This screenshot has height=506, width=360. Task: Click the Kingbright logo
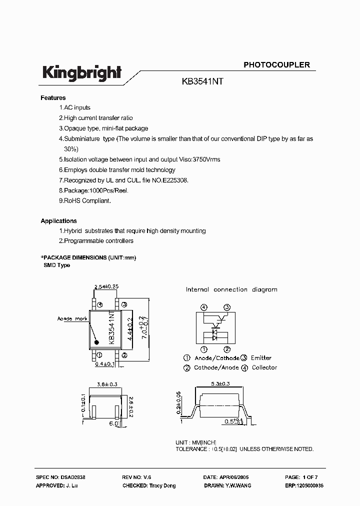click(81, 73)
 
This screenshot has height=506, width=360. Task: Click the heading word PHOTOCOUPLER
click(276, 65)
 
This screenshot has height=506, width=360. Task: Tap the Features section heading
click(53, 98)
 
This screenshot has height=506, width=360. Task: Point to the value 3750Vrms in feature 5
click(206, 159)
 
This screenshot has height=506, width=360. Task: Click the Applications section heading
click(58, 221)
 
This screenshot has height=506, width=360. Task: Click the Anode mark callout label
click(72, 318)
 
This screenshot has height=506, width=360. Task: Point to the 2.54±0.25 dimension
click(106, 287)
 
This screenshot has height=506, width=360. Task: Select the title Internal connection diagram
click(231, 289)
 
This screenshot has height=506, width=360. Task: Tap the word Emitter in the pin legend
click(260, 358)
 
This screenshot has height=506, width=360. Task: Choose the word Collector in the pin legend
click(264, 367)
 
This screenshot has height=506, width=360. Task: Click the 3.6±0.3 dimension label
click(105, 385)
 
